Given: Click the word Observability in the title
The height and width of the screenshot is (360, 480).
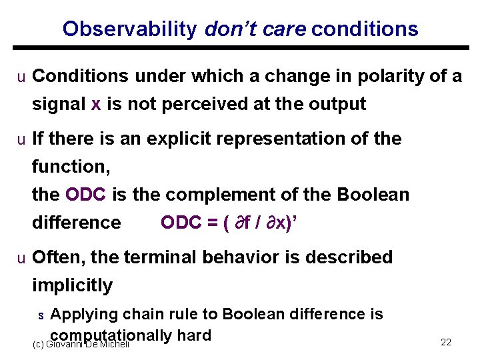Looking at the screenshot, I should point(129,29).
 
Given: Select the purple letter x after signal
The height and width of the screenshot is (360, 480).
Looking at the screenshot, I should point(95,105).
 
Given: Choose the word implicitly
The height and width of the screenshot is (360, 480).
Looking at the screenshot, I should point(72,285).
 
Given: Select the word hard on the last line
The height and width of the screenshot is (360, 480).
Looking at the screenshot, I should point(194,335).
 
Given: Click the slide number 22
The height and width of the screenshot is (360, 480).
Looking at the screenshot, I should point(446,342).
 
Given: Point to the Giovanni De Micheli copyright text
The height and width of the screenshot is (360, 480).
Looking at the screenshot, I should point(80,343).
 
